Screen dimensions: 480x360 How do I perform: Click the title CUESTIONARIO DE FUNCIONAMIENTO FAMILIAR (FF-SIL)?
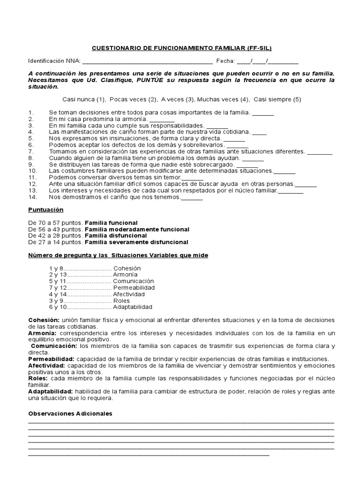181,48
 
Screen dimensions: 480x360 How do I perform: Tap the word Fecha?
225,61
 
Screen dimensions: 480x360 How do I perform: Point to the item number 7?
31,152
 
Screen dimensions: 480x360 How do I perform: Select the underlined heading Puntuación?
45,210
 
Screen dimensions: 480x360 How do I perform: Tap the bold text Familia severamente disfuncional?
136,242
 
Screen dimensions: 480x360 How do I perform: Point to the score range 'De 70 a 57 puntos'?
55,223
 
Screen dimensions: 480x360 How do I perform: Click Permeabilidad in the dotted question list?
134,287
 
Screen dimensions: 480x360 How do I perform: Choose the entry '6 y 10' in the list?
58,307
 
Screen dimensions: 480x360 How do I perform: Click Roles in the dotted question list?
122,300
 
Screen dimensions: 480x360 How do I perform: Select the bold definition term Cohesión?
44,320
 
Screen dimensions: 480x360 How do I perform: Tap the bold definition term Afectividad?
46,365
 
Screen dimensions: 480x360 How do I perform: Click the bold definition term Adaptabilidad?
50,391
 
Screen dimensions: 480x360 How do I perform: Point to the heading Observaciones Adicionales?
70,414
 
